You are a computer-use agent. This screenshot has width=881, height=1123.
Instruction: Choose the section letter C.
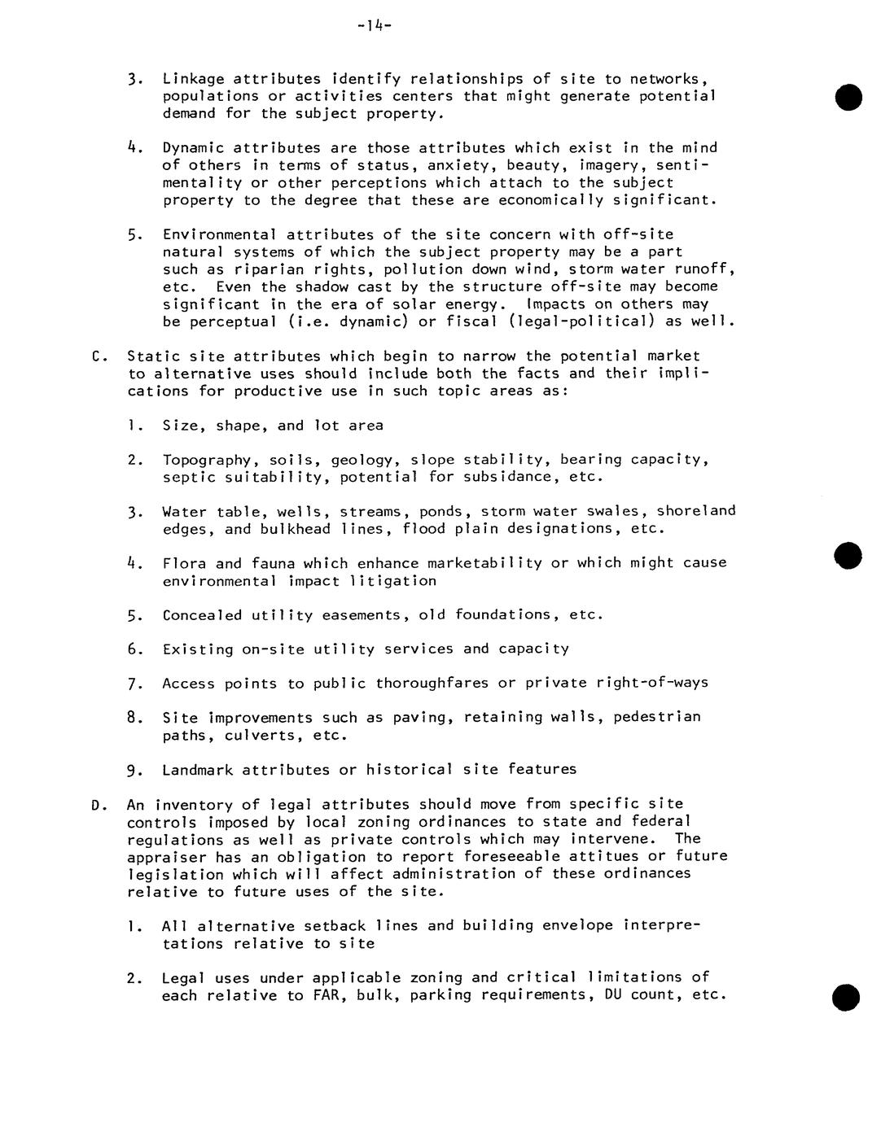99,356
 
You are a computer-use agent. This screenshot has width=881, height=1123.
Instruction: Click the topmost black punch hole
848,97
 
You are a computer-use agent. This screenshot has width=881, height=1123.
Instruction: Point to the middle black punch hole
848,557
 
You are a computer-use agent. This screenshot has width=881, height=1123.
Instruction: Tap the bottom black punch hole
848,997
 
